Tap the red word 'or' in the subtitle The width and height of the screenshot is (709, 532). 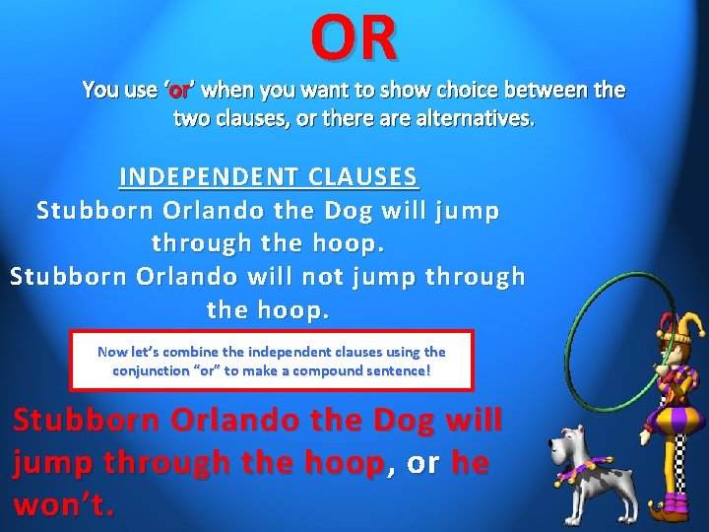[179, 92]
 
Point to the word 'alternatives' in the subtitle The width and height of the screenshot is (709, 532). [478, 119]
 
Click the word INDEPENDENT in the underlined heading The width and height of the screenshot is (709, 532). [208, 177]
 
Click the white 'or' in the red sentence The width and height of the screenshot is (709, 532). [423, 463]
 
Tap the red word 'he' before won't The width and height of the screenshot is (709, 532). [470, 463]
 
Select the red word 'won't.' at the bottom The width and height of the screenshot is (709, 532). [64, 505]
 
